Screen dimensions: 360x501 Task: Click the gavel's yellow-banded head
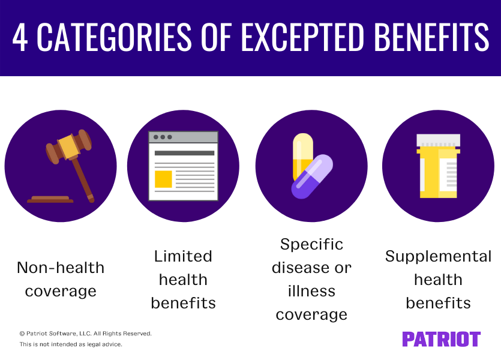click(69, 146)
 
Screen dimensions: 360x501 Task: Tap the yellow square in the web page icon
click(163, 179)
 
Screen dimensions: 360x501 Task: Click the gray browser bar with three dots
click(183, 137)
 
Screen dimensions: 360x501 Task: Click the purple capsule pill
click(312, 177)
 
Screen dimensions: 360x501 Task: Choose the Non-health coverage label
click(61, 279)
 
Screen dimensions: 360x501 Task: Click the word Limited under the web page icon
click(183, 256)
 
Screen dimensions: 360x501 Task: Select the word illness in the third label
click(311, 291)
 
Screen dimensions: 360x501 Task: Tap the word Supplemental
click(438, 256)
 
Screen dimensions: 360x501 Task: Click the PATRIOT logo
click(441, 339)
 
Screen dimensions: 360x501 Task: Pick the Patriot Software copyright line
click(85, 333)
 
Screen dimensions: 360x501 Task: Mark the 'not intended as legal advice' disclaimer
click(71, 344)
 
